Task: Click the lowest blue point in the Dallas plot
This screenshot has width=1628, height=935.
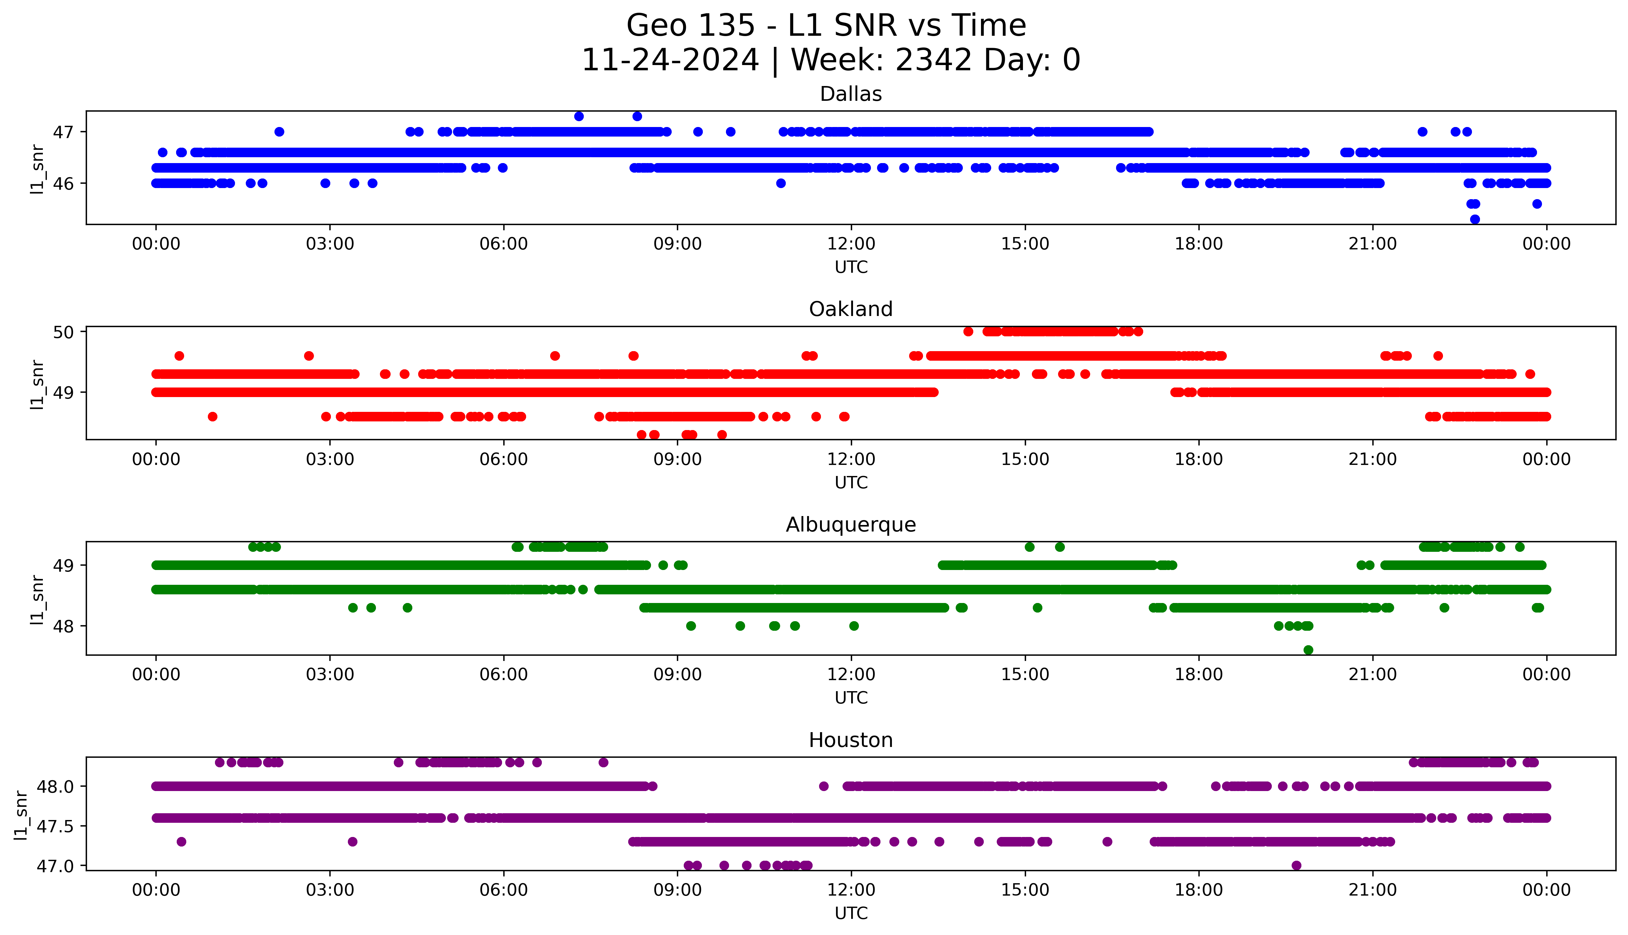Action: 1475,219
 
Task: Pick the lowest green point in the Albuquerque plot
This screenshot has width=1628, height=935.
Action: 1308,650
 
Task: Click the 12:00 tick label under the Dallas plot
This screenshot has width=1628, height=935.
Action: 851,244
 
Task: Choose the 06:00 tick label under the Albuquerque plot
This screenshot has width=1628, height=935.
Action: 504,675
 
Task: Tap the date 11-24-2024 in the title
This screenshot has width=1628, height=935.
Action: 670,60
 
